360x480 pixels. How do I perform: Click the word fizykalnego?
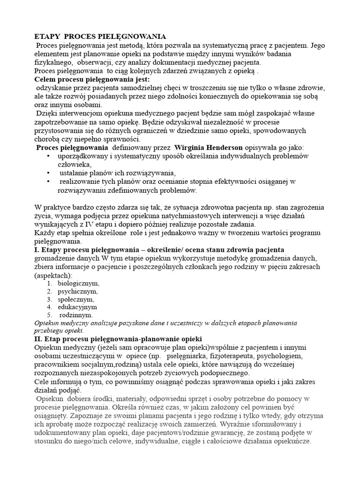[x=54, y=62]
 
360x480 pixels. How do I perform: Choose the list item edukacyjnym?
[x=77, y=307]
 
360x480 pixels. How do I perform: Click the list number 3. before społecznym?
[x=50, y=299]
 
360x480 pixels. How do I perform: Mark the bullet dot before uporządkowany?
[x=49, y=156]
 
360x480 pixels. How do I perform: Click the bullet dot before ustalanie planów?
[x=49, y=172]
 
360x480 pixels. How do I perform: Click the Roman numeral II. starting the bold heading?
[x=39, y=338]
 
